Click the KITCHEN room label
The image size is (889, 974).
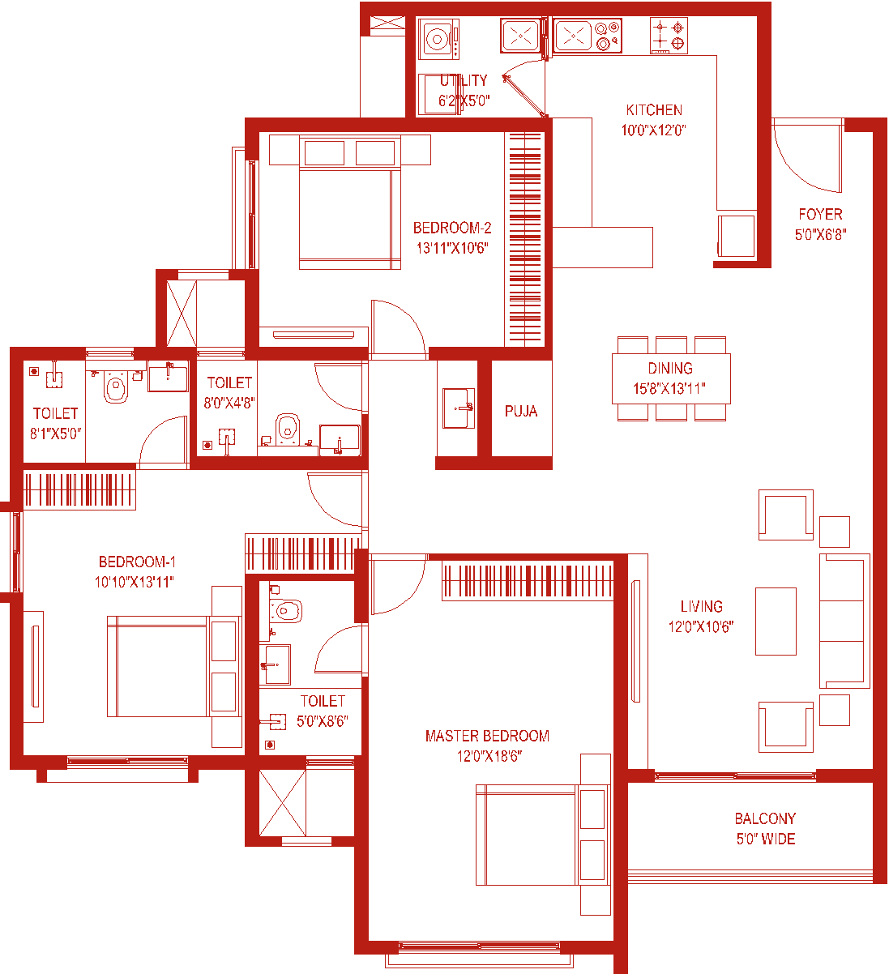point(654,110)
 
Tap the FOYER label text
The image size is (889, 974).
point(820,214)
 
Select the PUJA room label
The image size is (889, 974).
point(521,412)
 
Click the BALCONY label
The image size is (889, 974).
point(765,818)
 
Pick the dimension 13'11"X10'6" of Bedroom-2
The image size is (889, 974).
point(451,248)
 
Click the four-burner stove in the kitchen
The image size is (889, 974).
point(669,36)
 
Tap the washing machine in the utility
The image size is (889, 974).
point(438,39)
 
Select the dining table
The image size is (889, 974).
point(671,378)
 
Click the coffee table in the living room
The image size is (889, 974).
point(776,622)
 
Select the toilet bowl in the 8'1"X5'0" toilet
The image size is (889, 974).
point(116,387)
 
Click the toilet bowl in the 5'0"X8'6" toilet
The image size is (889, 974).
point(286,611)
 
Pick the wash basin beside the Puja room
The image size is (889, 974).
point(458,408)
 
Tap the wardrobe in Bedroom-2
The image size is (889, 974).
point(524,239)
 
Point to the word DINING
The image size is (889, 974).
point(670,368)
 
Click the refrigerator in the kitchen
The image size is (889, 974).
point(737,237)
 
